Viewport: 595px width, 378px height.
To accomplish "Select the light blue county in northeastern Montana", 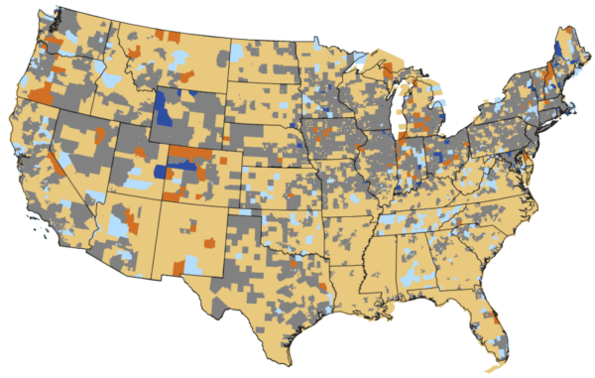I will click(x=238, y=52).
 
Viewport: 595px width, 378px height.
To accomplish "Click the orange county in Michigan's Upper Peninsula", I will click(x=383, y=72).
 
